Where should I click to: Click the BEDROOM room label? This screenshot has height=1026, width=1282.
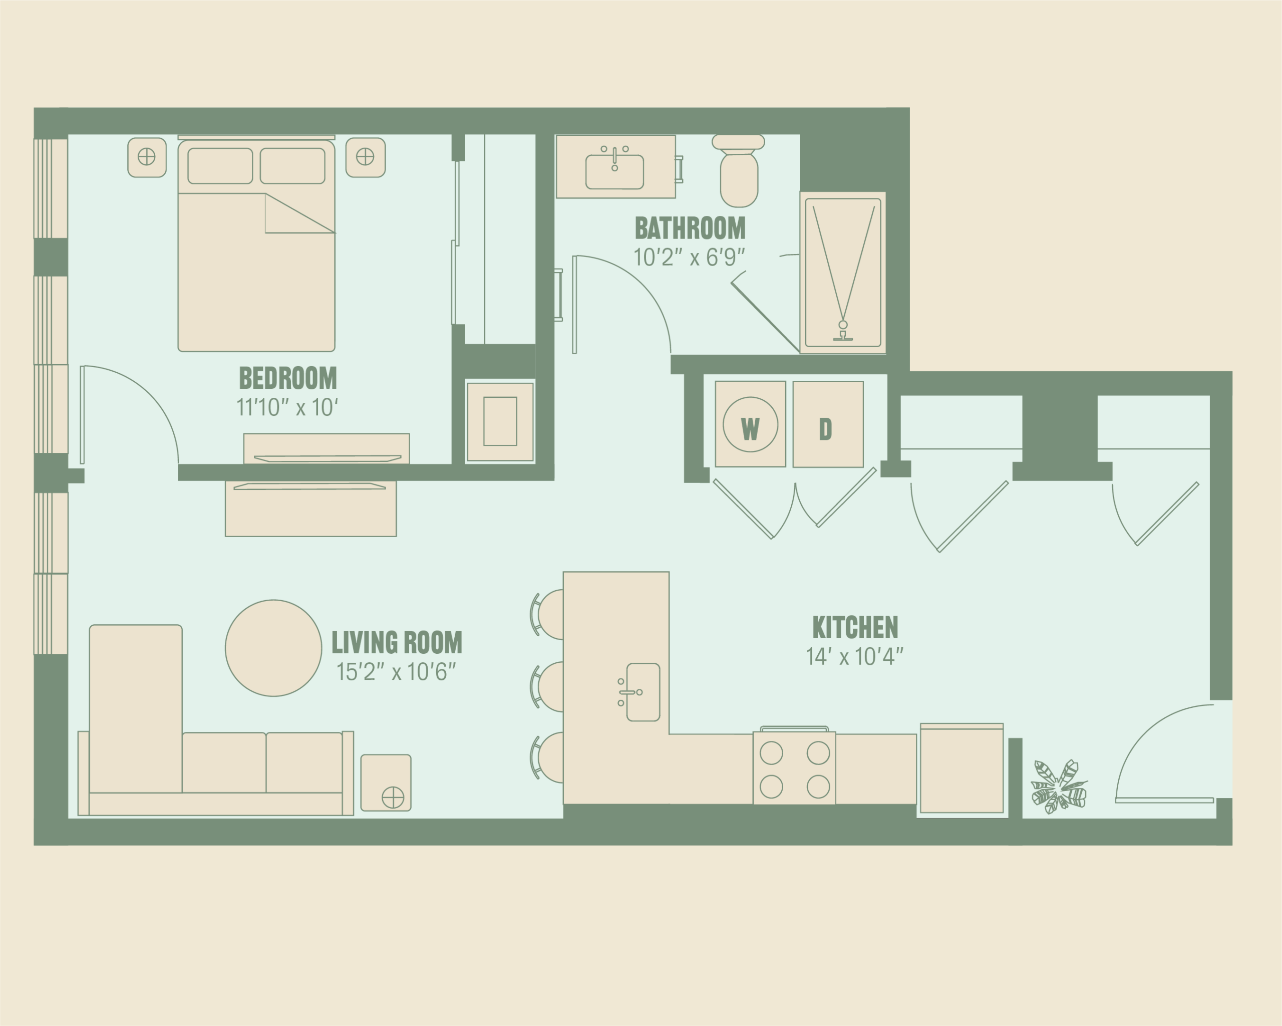coord(288,378)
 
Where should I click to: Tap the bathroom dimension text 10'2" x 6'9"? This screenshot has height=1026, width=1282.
coord(689,258)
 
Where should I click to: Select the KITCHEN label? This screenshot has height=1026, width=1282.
coord(855,628)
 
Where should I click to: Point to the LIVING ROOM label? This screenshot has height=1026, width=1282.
coord(397,642)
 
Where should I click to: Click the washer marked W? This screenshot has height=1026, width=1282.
coord(750,425)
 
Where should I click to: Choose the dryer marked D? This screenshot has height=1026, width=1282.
coord(828,425)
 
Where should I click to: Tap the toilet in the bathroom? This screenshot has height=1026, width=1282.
coord(739,171)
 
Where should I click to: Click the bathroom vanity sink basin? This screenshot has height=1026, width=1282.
coord(615,172)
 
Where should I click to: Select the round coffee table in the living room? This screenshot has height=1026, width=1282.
coord(273,648)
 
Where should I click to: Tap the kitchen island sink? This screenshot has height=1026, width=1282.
coord(644,692)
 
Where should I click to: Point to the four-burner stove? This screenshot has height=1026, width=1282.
coord(794,768)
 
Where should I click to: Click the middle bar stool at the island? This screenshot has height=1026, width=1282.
coord(547,686)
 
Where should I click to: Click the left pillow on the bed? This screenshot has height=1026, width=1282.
coord(220,165)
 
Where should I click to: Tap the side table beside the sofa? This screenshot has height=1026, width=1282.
coord(386,783)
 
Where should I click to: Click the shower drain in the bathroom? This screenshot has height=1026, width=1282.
coord(843,325)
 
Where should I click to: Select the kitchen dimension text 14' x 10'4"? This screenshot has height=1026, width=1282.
coord(854,657)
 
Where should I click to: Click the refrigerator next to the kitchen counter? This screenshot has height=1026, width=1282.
coord(961,768)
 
